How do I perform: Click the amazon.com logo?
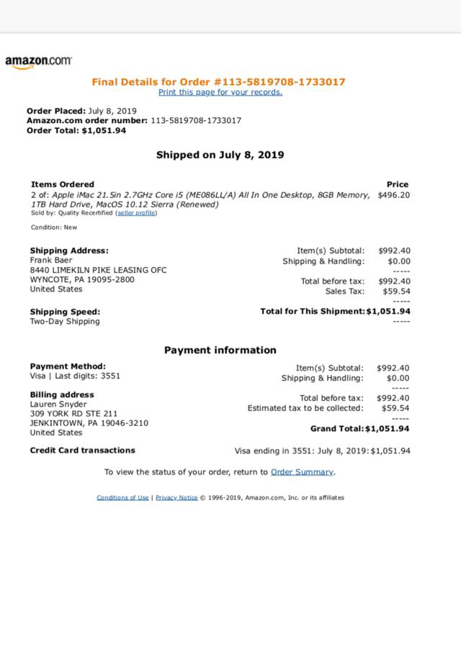pos(38,62)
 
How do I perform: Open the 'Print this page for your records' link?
pos(220,92)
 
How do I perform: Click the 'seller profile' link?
pos(136,213)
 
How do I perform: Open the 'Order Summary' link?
pos(302,472)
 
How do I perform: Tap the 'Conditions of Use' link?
pos(122,497)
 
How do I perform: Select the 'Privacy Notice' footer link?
pos(176,497)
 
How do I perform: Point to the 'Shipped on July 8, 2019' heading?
pos(220,155)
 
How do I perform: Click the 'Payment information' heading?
pos(220,351)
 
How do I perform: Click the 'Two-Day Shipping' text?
pos(65,322)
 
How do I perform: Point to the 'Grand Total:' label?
pos(336,429)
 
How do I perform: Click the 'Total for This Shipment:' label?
pos(313,311)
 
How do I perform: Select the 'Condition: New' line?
pos(54,227)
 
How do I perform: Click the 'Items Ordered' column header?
pos(63,184)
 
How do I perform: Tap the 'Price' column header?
pos(397,184)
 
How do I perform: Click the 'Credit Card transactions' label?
pos(82,451)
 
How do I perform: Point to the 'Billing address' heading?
pos(62,394)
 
